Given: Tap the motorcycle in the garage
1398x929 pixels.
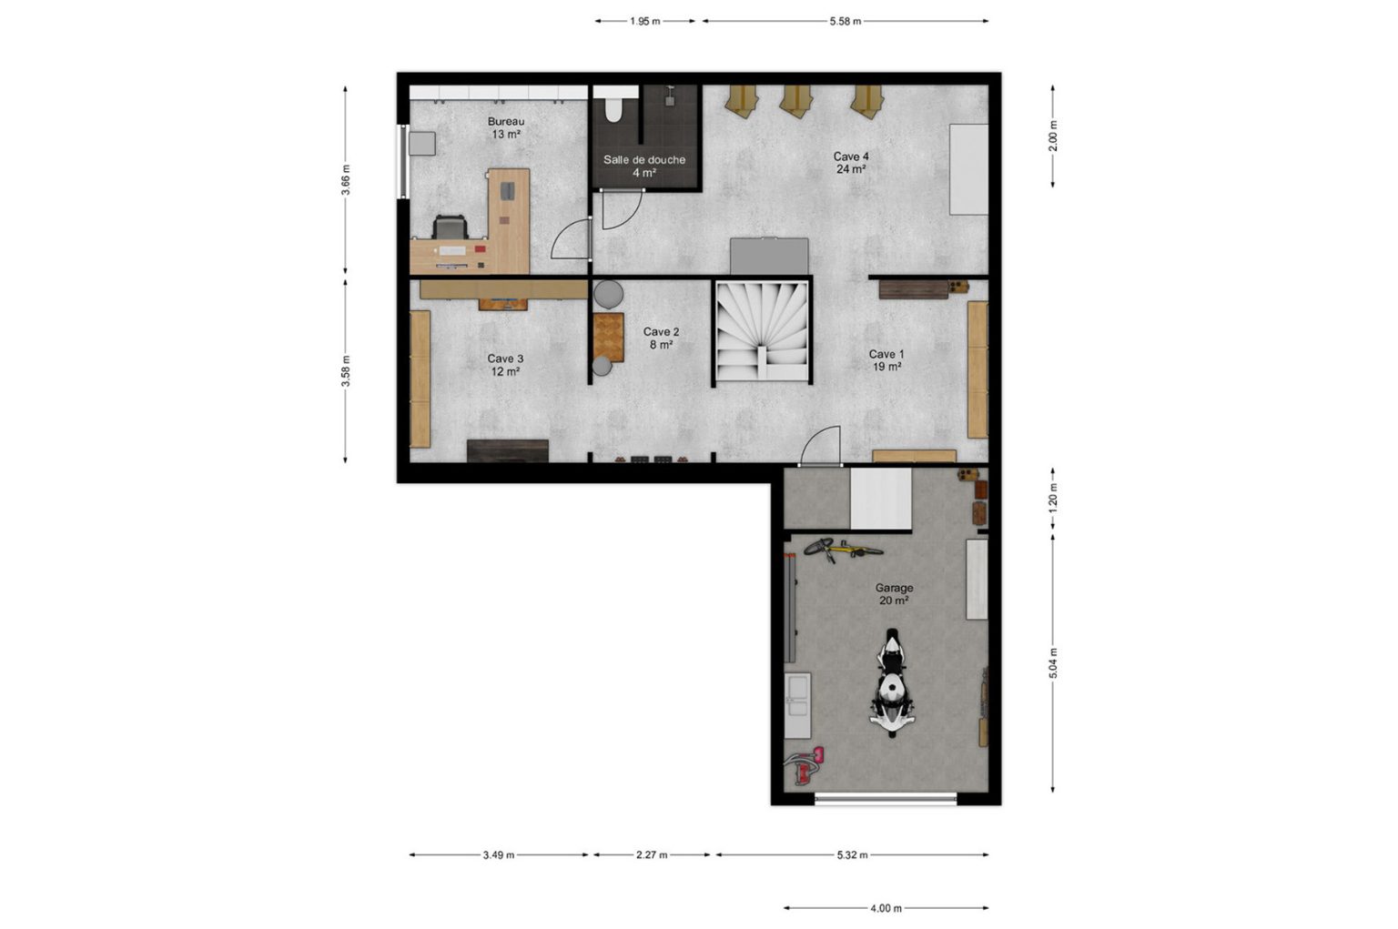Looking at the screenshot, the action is coord(893,683).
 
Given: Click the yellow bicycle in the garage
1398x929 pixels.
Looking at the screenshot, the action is coord(843,550).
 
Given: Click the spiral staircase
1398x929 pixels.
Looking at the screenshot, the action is coord(762,330).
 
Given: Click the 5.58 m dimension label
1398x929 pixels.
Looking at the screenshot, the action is coord(845,21).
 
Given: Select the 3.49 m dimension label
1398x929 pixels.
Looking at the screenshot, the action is coord(499,854).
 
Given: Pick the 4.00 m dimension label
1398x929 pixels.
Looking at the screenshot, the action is coord(886,908).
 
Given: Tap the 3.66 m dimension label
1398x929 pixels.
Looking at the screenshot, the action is coord(346,179).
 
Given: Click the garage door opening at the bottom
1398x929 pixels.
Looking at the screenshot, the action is coord(886,798).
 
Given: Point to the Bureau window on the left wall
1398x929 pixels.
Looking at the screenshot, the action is coord(404,162).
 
